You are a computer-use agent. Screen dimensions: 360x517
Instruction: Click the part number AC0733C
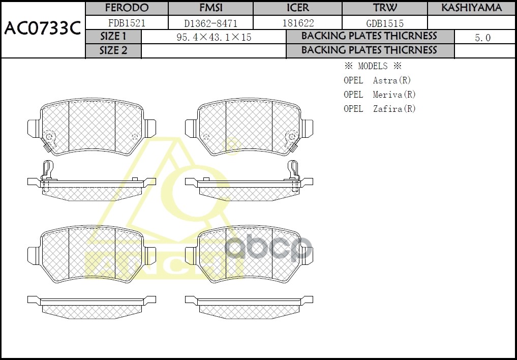(43, 28)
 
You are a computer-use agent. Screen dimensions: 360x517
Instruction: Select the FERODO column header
(126, 8)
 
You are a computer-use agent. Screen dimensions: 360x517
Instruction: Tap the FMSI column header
(210, 8)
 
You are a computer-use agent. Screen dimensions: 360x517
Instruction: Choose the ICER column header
(297, 8)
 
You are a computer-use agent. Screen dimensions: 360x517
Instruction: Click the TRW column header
(385, 8)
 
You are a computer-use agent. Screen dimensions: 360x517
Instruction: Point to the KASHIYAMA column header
(471, 8)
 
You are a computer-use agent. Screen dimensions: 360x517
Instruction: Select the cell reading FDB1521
(126, 23)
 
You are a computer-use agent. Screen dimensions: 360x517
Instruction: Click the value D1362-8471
(210, 23)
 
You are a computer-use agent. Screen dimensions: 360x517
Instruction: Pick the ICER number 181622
(297, 23)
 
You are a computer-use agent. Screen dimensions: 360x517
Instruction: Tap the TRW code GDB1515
(385, 23)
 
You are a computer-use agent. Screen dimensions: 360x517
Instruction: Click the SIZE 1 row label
(113, 37)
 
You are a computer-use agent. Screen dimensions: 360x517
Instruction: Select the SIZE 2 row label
(113, 51)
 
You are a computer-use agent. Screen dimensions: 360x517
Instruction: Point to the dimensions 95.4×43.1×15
(214, 38)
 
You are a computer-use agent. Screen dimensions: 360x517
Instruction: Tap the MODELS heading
(373, 66)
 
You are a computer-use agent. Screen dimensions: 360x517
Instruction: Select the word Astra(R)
(391, 80)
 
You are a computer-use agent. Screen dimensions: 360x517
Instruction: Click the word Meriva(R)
(394, 95)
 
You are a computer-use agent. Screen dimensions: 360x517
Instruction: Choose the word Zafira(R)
(394, 109)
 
